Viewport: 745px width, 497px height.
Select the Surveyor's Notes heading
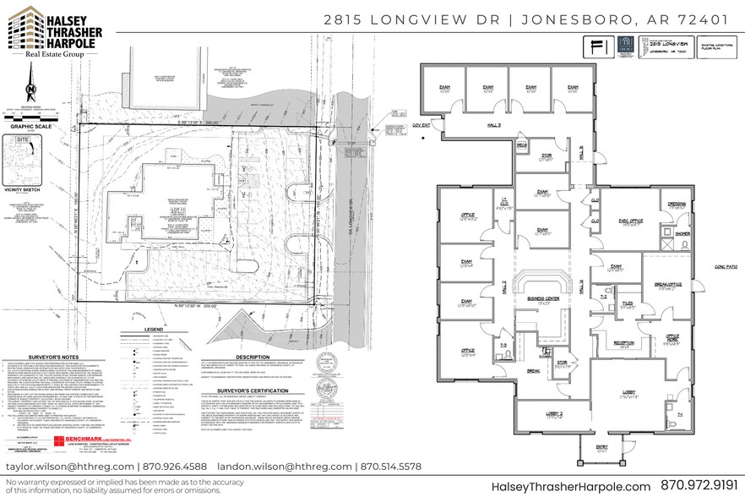tap(43, 332)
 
